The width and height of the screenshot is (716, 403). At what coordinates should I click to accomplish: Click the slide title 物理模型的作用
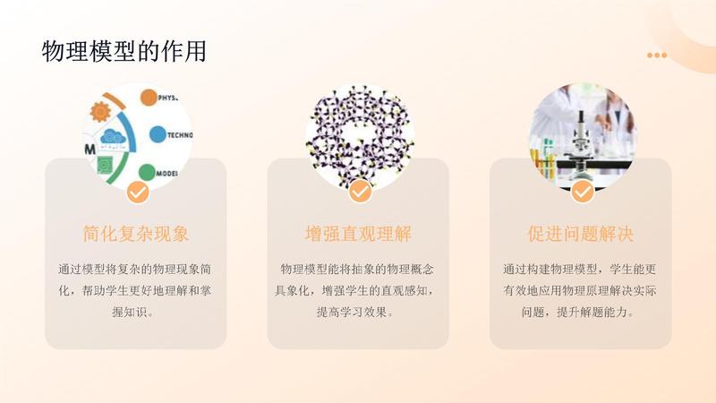tap(124, 51)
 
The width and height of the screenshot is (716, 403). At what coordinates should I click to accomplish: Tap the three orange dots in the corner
tap(657, 56)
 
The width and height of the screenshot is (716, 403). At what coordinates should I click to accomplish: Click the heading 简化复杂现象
tap(136, 235)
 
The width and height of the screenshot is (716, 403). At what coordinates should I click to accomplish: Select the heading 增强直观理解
tap(358, 235)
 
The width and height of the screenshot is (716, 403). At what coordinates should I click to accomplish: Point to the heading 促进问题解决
tap(580, 235)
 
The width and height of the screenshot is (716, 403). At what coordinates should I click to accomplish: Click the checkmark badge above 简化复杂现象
tap(137, 191)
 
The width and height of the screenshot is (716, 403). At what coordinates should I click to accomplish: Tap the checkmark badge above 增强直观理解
tap(359, 191)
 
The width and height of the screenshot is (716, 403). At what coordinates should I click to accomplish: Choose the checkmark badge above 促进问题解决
tap(582, 191)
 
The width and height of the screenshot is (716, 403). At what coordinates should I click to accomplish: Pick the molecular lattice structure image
tap(358, 134)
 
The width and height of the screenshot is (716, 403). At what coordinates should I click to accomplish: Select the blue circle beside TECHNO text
tap(158, 135)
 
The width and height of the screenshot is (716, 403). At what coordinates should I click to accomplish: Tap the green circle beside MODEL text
tap(147, 172)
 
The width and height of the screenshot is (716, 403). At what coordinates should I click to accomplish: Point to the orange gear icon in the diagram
tap(100, 113)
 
